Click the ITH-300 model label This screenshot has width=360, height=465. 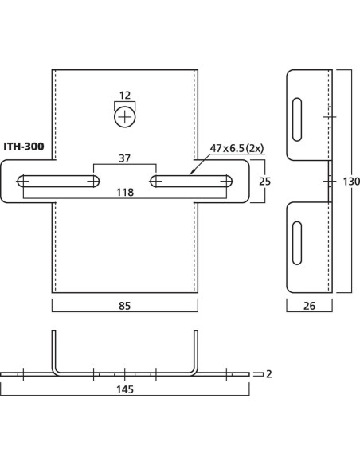(x=24, y=147)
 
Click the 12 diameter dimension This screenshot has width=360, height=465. (x=125, y=96)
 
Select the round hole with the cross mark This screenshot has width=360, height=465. (x=125, y=117)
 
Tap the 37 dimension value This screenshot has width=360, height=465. (x=124, y=158)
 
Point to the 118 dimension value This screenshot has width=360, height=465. (x=125, y=192)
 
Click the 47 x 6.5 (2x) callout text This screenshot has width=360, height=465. (x=237, y=148)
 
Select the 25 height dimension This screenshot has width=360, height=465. (x=264, y=182)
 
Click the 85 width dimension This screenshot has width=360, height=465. (x=124, y=306)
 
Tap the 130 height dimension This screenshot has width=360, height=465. (x=351, y=182)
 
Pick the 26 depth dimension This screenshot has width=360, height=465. (x=309, y=306)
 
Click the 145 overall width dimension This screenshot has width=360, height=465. (x=125, y=389)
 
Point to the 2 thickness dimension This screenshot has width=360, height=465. (x=268, y=374)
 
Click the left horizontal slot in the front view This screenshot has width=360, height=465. (x=58, y=182)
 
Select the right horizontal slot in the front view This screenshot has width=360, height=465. (x=191, y=182)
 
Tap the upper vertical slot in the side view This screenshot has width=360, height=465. (x=297, y=119)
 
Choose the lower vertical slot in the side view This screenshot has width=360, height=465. (x=297, y=243)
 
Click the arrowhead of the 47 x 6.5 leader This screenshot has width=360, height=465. (x=192, y=172)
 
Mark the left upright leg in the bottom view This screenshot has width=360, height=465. (x=54, y=352)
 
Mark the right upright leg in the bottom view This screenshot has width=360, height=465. (x=196, y=352)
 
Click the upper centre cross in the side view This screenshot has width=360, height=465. (x=330, y=117)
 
